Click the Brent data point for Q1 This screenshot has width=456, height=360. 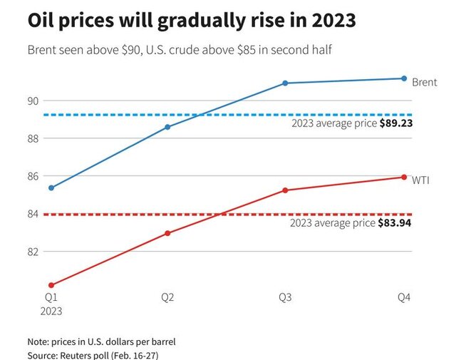pos(51,187)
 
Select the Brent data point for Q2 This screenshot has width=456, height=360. pos(167,127)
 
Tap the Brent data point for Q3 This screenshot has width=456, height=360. pos(285,83)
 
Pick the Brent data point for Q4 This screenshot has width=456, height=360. pos(404,78)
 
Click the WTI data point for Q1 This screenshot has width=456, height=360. pos(51,285)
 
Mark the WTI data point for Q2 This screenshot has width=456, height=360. pos(167,233)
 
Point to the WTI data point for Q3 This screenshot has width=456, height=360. pos(285,190)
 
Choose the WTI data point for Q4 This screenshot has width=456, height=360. pos(404,177)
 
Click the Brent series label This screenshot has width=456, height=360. pos(425,83)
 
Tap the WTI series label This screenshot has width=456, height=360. pos(421,180)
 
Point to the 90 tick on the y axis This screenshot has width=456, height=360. pos(33,101)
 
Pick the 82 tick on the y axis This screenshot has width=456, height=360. pos(33,252)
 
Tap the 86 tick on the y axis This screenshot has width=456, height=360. pos(33,176)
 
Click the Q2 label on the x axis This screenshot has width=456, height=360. pos(167,297)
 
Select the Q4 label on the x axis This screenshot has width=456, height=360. pos(404,297)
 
